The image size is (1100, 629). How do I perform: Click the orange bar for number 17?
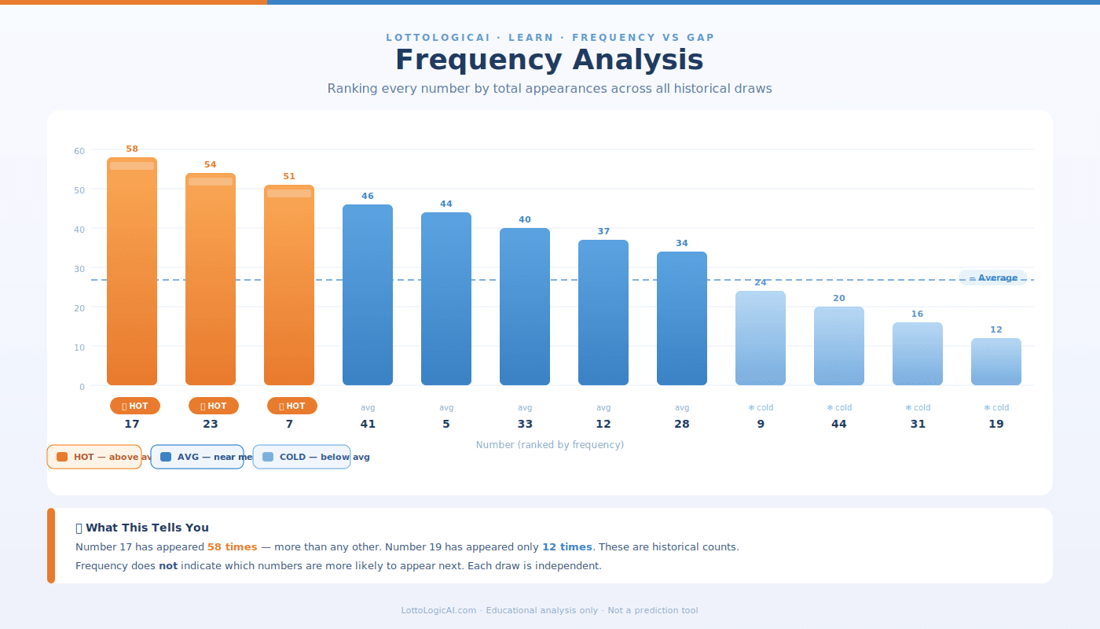(x=132, y=271)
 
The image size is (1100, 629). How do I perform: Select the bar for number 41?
(x=368, y=295)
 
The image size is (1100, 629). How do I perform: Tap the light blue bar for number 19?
(x=996, y=362)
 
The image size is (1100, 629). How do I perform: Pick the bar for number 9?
(x=761, y=338)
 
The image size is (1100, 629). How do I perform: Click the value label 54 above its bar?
(x=211, y=165)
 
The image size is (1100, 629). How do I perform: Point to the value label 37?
(x=603, y=232)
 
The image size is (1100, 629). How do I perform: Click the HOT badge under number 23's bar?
(x=214, y=406)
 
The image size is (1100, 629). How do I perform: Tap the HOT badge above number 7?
(x=292, y=406)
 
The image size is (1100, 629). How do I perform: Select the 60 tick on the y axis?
(x=79, y=151)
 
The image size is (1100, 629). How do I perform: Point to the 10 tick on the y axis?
(x=79, y=347)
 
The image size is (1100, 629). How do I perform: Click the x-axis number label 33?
(x=525, y=425)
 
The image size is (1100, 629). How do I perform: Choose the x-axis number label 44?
(x=839, y=425)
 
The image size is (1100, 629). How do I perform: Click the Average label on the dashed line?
(x=993, y=278)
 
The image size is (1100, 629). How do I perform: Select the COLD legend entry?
(x=302, y=457)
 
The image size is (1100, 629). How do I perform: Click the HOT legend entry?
(x=94, y=457)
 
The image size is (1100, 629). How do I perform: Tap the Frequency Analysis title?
(x=549, y=61)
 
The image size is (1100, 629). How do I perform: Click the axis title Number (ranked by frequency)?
(x=550, y=445)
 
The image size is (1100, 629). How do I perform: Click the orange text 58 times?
(x=232, y=547)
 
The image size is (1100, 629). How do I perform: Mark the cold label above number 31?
(x=918, y=408)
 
